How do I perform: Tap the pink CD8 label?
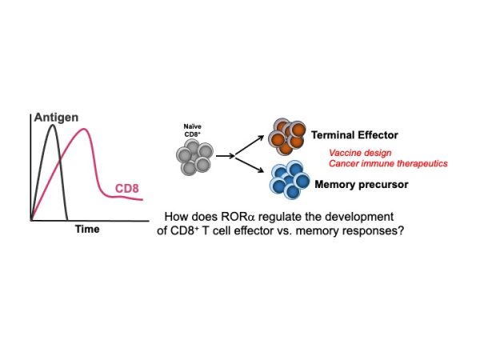click(x=127, y=190)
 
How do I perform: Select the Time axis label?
click(x=86, y=230)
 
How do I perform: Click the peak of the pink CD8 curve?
click(x=86, y=130)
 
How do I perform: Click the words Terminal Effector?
click(x=360, y=136)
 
